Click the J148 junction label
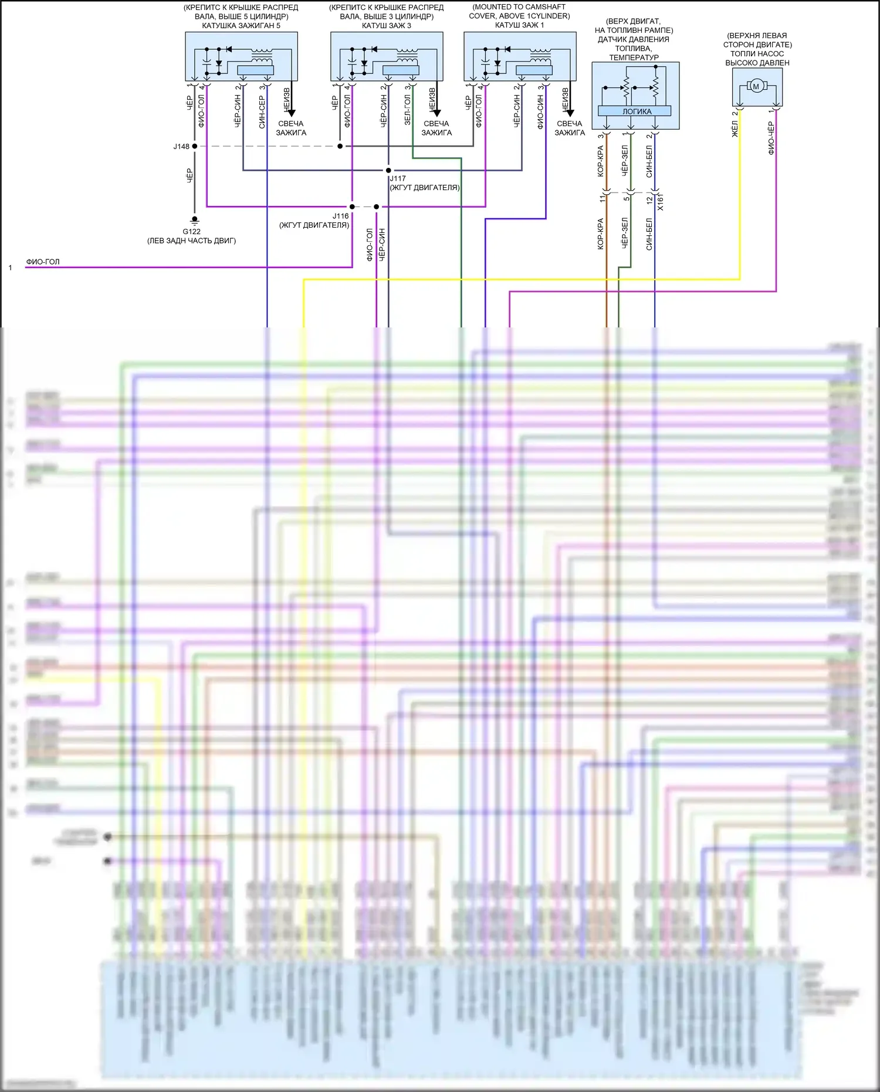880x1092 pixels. click(x=181, y=147)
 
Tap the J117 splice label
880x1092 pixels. click(x=398, y=178)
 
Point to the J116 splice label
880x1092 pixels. click(x=340, y=216)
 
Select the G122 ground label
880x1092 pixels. click(x=191, y=232)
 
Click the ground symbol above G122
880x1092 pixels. click(x=195, y=221)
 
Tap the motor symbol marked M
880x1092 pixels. click(x=756, y=86)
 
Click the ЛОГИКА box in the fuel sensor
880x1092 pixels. click(x=636, y=111)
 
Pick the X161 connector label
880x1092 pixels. click(x=661, y=203)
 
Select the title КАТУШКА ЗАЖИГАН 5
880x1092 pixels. click(x=241, y=26)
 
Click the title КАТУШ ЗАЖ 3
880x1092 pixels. click(x=387, y=26)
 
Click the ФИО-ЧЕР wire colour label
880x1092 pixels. click(x=771, y=138)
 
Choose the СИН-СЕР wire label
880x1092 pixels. click(x=262, y=111)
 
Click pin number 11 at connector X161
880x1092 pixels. click(x=603, y=199)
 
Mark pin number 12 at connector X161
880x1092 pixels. click(x=649, y=200)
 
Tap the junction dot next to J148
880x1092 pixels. click(x=195, y=146)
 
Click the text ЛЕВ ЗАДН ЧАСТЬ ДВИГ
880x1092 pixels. click(x=192, y=241)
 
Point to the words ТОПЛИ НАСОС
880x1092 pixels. click(x=757, y=53)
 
